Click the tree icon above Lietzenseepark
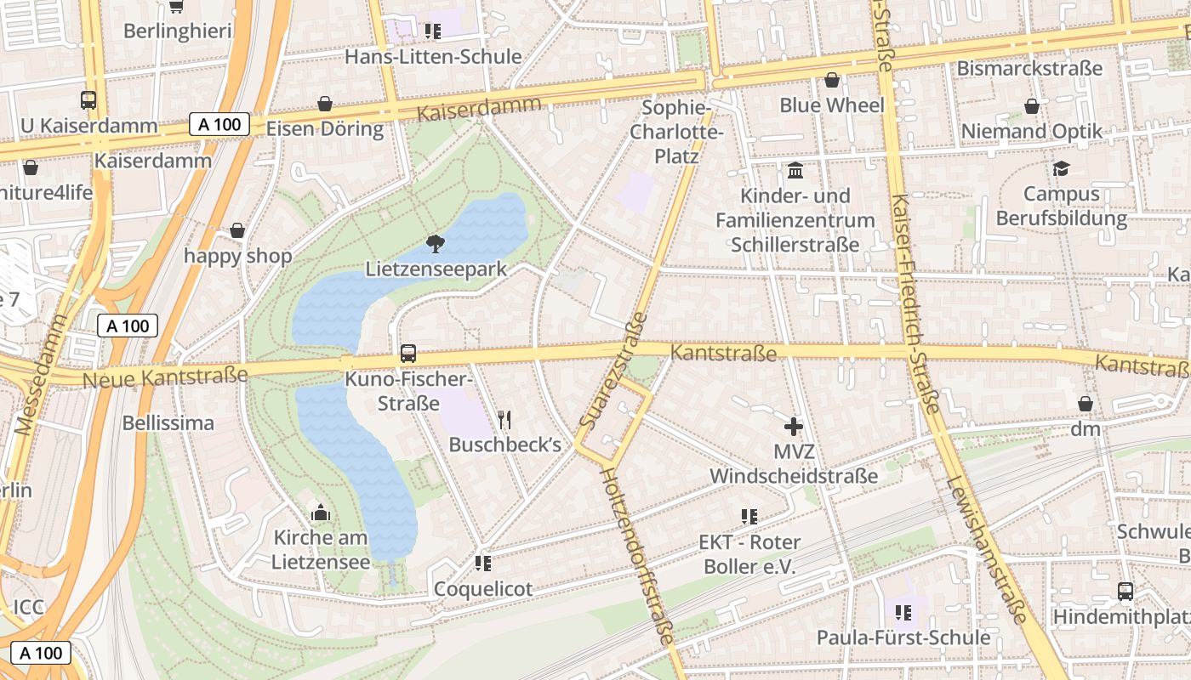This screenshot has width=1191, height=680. [x=435, y=244]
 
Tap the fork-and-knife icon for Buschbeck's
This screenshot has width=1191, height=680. [x=504, y=419]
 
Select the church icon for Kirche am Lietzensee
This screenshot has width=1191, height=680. [x=321, y=513]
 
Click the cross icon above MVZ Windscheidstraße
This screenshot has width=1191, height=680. [x=794, y=426]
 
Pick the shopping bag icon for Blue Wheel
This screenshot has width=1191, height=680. [x=832, y=81]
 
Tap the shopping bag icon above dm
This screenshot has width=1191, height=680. [x=1086, y=404]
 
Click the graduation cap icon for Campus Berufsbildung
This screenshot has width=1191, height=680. [x=1061, y=168]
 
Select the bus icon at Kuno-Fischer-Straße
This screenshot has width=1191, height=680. [x=408, y=353]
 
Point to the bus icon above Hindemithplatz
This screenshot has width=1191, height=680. [x=1125, y=591]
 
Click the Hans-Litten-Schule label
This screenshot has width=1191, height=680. [x=433, y=57]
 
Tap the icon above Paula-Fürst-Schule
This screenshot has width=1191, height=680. [x=903, y=612]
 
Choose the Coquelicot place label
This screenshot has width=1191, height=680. [x=483, y=588]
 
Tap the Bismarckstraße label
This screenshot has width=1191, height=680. [x=1029, y=68]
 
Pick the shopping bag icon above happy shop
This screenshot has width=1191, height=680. [x=237, y=231]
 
